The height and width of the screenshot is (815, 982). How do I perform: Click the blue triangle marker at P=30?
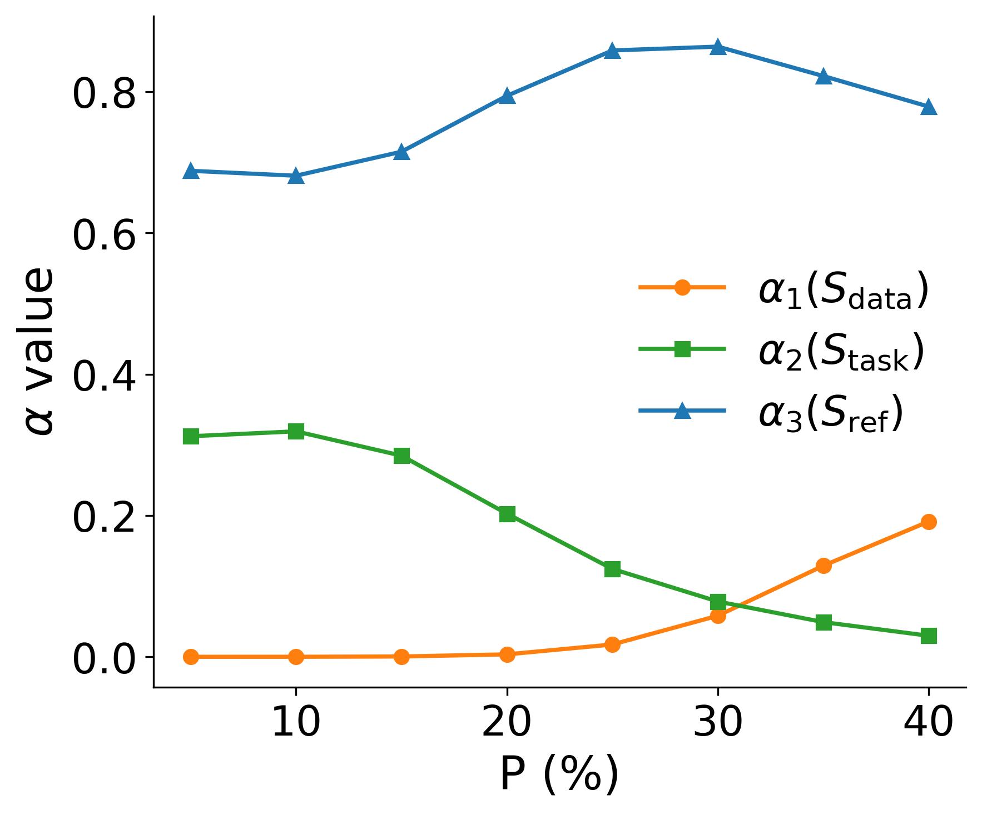(x=717, y=47)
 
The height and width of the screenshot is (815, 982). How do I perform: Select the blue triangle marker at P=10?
(x=296, y=176)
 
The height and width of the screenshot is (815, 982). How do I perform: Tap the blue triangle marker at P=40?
(x=928, y=107)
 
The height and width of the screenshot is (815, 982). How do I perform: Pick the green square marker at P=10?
(x=296, y=431)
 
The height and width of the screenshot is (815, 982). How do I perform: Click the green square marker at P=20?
(x=507, y=514)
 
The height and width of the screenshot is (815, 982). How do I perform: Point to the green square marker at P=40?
(x=928, y=636)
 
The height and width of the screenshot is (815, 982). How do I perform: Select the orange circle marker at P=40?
(x=928, y=522)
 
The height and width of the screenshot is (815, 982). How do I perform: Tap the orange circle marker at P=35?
(x=823, y=566)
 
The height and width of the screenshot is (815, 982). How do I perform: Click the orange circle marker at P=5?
(x=191, y=657)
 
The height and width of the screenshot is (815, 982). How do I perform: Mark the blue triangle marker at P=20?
(x=507, y=96)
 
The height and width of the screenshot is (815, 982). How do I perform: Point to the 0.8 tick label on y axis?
(x=104, y=93)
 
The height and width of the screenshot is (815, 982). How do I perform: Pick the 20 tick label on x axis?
(x=507, y=723)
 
